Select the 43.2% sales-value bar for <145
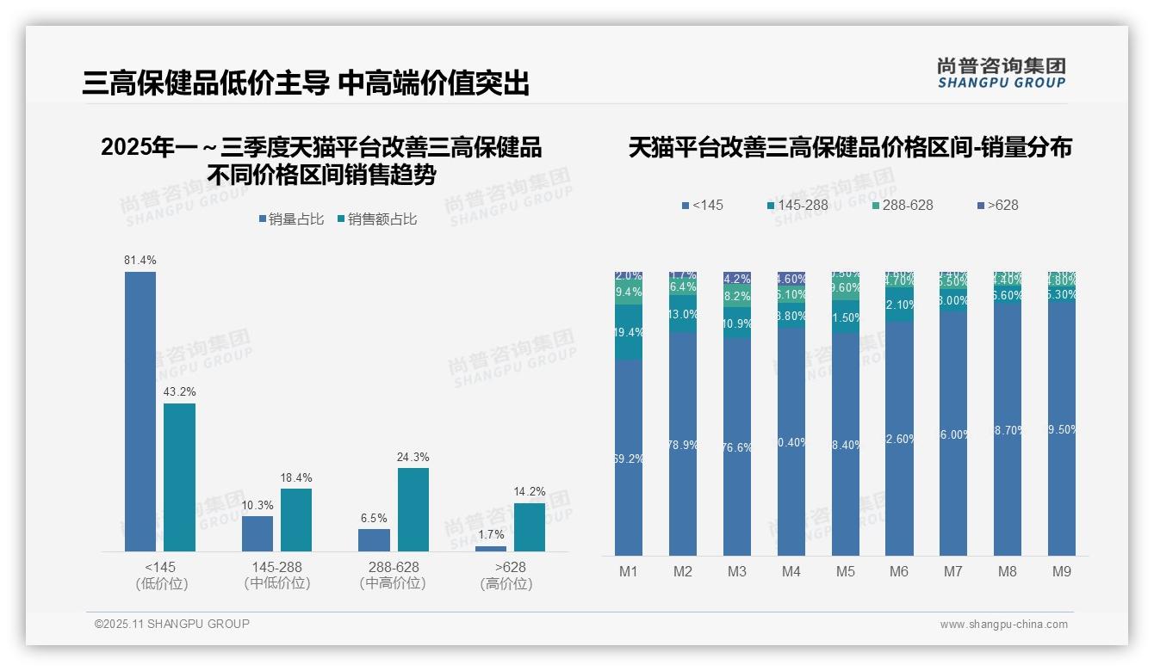click(x=179, y=477)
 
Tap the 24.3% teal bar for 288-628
click(x=413, y=509)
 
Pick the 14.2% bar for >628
click(x=530, y=527)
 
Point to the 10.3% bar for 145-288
click(x=257, y=533)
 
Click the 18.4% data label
click(x=296, y=477)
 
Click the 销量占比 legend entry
click(x=291, y=219)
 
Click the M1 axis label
click(x=629, y=572)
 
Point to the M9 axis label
click(x=1062, y=572)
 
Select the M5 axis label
click(x=845, y=572)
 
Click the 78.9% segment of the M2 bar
click(x=683, y=444)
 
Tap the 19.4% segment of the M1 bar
click(x=629, y=332)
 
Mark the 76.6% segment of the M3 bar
click(x=737, y=446)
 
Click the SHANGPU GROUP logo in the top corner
click(x=1001, y=72)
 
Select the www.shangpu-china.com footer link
click(x=1003, y=625)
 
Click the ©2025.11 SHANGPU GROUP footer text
click(x=172, y=624)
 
